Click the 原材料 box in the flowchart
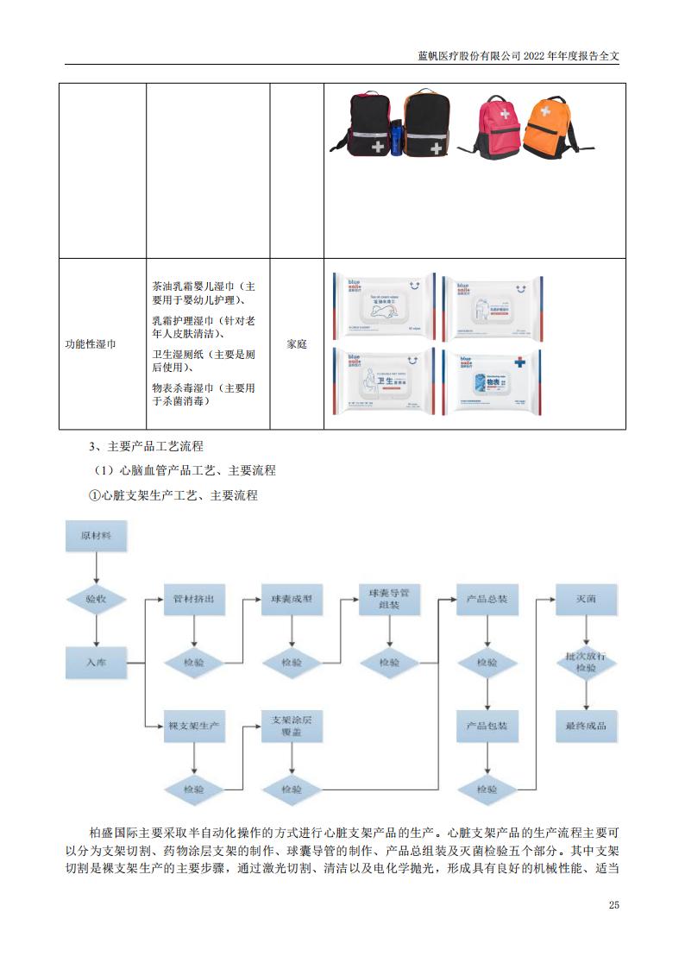97,536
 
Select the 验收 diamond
97,598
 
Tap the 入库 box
97,663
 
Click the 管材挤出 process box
193,599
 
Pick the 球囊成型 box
292,599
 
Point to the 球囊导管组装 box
389,599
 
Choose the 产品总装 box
487,599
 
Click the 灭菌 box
586,599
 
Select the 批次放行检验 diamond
586,663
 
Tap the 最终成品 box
586,726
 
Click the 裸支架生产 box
193,726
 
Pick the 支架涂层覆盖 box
292,726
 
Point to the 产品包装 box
487,726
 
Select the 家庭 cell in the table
297,343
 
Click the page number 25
614,905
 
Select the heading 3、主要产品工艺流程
147,446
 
